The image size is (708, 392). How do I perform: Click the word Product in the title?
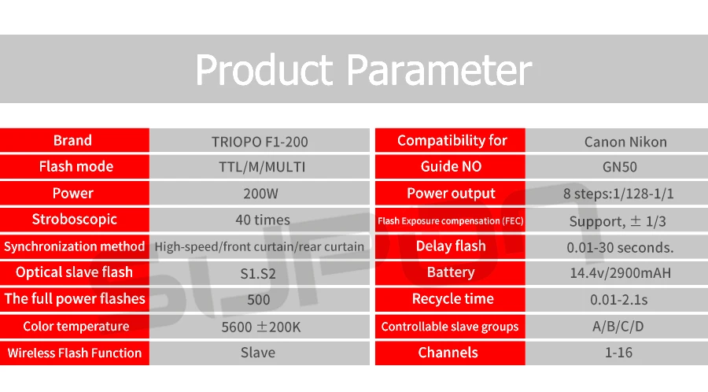264,70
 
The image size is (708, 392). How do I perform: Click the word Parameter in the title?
439,70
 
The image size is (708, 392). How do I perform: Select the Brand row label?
72,140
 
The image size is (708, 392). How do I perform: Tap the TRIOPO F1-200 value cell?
260,142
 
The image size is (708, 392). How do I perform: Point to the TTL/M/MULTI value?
262,167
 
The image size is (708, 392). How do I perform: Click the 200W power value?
260,194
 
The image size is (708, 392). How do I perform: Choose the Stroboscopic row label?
75,220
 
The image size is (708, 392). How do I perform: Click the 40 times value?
262,220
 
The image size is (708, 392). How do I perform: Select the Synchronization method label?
75,246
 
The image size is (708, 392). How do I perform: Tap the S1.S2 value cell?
258,274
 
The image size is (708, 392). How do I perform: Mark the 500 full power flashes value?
258,300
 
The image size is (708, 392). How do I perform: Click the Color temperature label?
76,327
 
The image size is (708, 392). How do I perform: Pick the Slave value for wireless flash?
258,353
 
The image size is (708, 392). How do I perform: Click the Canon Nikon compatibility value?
625,142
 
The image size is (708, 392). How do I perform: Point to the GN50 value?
620,167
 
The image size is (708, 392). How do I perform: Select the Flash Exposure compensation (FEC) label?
451,221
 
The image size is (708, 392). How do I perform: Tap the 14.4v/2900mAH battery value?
621,273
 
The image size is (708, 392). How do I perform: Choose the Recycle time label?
453,299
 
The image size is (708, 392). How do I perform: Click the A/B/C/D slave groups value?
618,326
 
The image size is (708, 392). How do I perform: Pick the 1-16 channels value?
618,353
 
